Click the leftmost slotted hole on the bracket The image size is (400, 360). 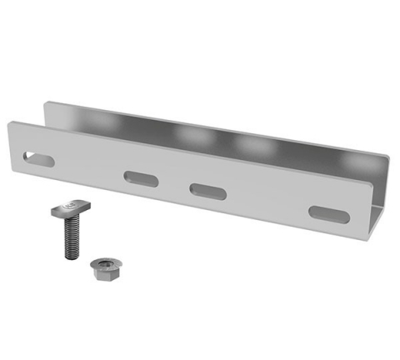[x=38, y=158]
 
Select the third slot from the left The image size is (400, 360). [x=208, y=191]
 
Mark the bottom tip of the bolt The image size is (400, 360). [x=70, y=257]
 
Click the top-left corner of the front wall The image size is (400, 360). [x=10, y=123]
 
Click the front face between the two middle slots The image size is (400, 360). [x=173, y=184]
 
